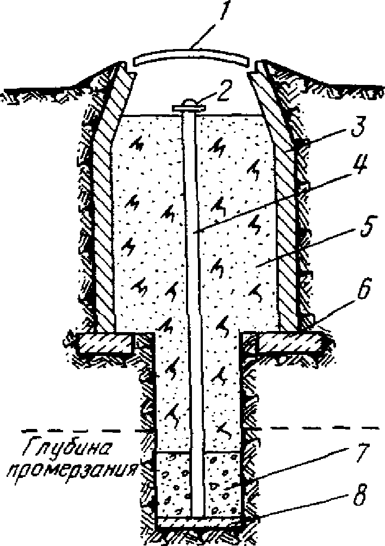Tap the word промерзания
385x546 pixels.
point(73,473)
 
